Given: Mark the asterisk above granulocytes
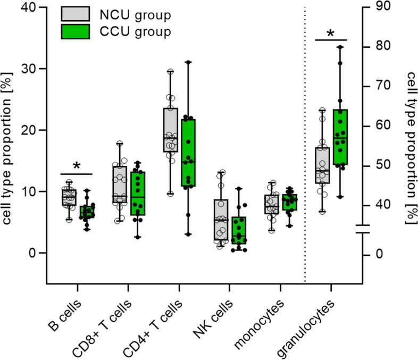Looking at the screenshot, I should pos(330,34).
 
